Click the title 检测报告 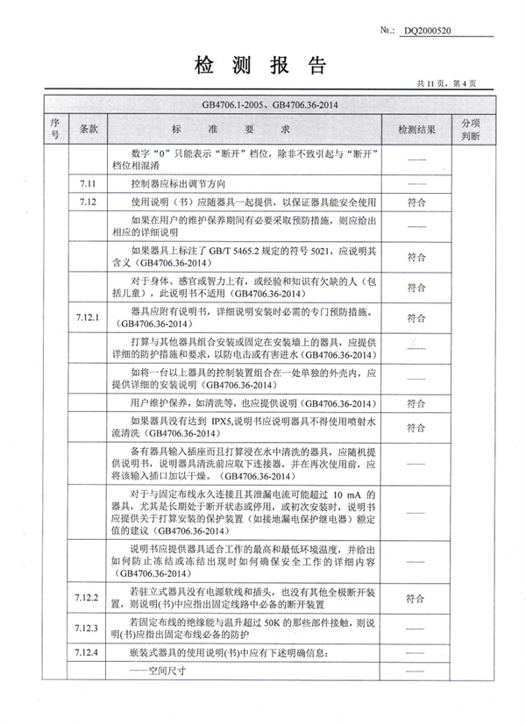point(262,66)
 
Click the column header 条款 point(88,129)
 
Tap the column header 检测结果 point(416,129)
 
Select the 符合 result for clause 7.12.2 point(416,599)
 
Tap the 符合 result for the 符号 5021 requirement point(416,259)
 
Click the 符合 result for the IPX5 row point(416,427)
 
